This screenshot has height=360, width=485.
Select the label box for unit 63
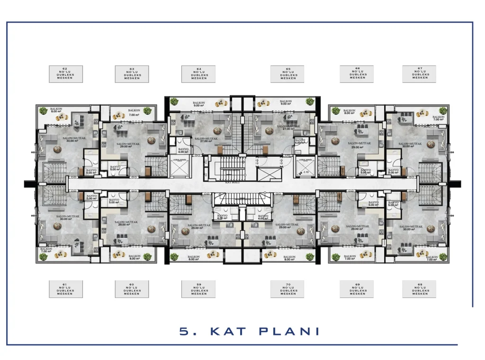(132, 73)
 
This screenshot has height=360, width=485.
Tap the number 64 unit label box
(198, 73)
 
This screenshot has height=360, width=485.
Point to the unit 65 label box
(287, 73)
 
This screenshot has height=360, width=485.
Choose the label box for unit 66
(357, 73)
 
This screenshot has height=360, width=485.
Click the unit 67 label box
(419, 73)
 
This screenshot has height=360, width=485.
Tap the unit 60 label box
(132, 288)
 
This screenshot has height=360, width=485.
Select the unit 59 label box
(198, 288)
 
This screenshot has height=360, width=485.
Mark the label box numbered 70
(287, 288)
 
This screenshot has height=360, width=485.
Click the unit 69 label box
(357, 288)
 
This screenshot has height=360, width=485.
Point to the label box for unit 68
(419, 288)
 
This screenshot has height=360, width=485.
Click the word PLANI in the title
(289, 331)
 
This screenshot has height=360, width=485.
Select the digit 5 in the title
(185, 331)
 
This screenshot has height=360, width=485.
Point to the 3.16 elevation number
(306, 172)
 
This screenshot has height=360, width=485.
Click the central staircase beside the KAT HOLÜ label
(229, 168)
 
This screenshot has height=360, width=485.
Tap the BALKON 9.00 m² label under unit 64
(198, 104)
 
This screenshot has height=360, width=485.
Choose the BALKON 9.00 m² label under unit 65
(285, 103)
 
